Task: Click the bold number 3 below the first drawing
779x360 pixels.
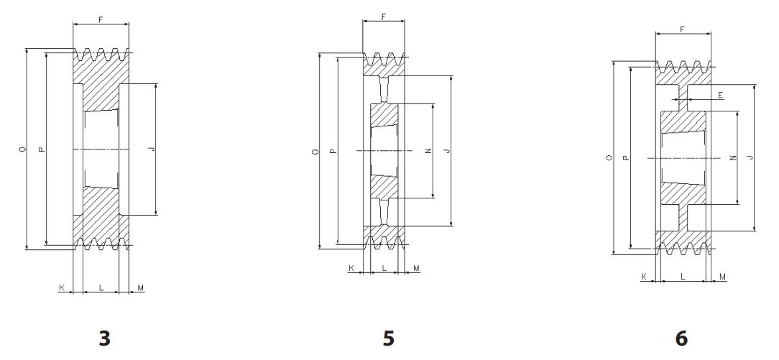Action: (x=104, y=338)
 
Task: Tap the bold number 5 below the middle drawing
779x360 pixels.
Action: (x=389, y=338)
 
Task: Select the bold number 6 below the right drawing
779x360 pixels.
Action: (x=681, y=338)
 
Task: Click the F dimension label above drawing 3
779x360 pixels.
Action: (x=101, y=20)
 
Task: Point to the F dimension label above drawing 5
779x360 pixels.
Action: (x=384, y=17)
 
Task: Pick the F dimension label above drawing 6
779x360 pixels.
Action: (x=683, y=29)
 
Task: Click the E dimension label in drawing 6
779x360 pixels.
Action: (x=720, y=95)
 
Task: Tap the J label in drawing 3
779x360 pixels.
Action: (x=152, y=149)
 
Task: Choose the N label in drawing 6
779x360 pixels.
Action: (x=732, y=157)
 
